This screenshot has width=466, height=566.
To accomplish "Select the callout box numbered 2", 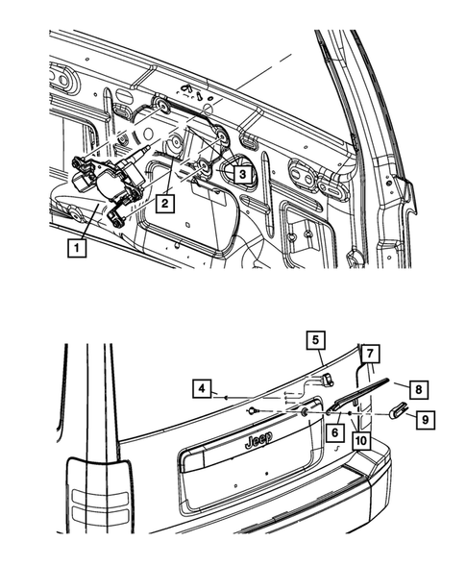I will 166,203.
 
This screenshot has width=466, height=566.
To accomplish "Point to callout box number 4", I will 201,389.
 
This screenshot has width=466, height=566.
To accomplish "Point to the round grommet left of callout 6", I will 305,412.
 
